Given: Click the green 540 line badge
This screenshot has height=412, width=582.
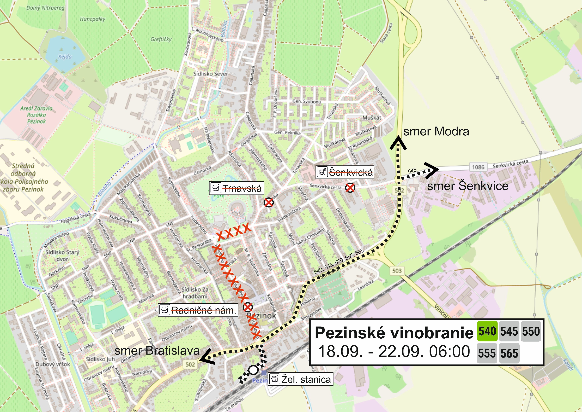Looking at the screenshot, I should pos(487,331).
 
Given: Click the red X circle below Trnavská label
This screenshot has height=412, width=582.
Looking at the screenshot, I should pos(269,202).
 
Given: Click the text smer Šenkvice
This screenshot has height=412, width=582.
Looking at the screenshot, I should pos(468,186).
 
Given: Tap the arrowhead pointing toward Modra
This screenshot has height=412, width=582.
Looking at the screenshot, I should pos(398,142).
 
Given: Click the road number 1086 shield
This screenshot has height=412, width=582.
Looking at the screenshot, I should pos(478,167).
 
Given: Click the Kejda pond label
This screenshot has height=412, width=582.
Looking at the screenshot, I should pos(65,57).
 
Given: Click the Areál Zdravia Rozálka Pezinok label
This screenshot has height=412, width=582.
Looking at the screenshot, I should pos(36,115).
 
